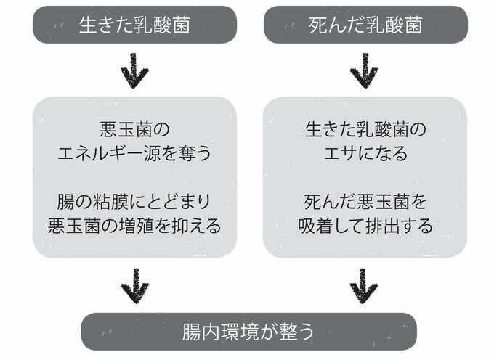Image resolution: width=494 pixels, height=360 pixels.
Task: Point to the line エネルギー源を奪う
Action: [134, 154]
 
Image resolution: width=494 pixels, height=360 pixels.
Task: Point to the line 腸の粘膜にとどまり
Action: [134, 200]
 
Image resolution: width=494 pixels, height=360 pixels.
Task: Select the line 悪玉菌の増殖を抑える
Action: [134, 225]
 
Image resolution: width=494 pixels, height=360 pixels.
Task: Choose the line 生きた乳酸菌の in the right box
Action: [365, 130]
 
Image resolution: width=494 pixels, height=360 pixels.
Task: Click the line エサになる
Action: [365, 154]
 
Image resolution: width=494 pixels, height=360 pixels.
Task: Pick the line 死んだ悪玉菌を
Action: [365, 200]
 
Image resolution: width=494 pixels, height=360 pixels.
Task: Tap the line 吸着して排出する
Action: [365, 225]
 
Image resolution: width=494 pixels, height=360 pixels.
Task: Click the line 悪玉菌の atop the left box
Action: [134, 130]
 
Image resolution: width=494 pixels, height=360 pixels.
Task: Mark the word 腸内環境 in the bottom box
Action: [225, 332]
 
